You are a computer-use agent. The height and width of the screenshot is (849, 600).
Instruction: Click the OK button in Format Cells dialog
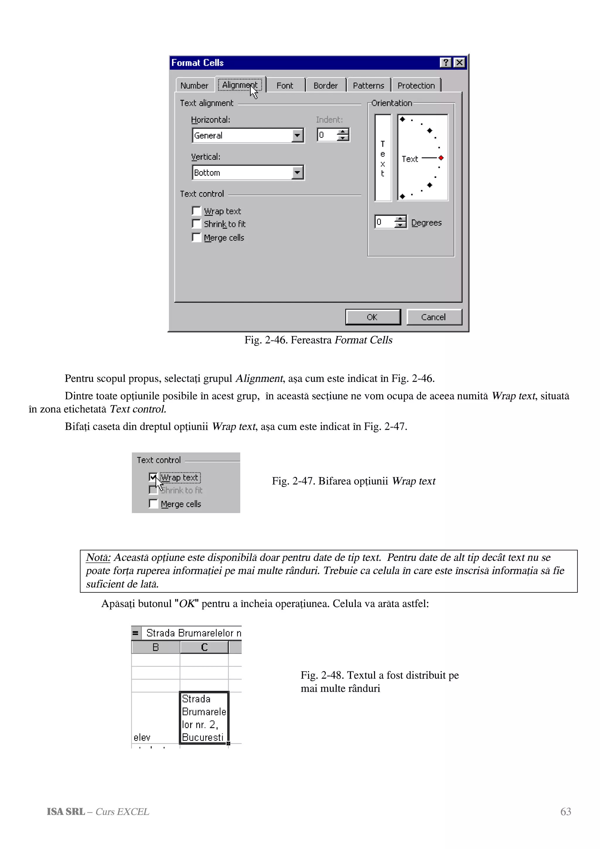click(x=373, y=317)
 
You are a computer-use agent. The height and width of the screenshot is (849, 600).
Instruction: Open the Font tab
click(x=285, y=86)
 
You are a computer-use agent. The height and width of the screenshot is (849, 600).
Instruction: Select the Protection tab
click(x=416, y=86)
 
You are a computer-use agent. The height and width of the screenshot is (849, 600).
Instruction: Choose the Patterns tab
click(x=368, y=86)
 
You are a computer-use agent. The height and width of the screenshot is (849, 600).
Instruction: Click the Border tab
click(x=325, y=86)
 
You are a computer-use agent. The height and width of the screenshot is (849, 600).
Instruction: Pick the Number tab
click(x=195, y=86)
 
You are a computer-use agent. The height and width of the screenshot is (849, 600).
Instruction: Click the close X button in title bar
click(x=459, y=62)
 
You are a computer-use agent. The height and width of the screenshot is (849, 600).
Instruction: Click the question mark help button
click(x=446, y=62)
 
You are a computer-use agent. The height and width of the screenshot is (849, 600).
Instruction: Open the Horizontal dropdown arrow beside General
click(x=297, y=135)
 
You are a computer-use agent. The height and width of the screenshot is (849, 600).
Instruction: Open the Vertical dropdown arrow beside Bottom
click(x=297, y=172)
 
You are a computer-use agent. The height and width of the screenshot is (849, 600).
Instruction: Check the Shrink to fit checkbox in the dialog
click(x=196, y=224)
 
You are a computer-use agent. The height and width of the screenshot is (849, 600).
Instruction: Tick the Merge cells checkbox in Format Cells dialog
click(x=196, y=237)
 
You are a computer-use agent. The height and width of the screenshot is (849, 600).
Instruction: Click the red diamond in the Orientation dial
click(x=441, y=158)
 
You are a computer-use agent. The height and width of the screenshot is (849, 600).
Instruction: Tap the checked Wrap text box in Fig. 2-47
click(x=153, y=477)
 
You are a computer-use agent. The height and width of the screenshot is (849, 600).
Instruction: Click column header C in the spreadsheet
click(x=204, y=647)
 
